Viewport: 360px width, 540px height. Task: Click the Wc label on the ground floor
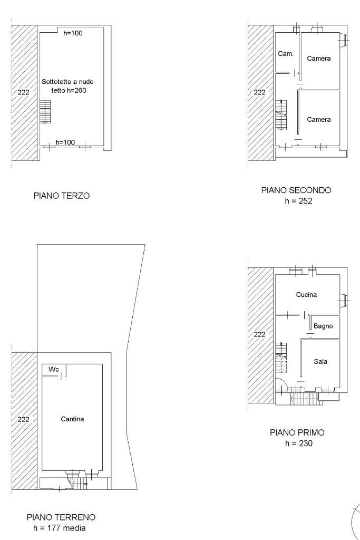(54, 369)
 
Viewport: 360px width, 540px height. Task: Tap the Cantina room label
(72, 419)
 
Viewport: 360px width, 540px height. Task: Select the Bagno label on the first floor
(323, 326)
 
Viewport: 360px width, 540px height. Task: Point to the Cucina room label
(306, 295)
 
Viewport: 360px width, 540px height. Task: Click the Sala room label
(320, 362)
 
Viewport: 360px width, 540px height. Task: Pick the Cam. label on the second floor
(286, 54)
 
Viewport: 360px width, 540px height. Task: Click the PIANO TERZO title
(62, 196)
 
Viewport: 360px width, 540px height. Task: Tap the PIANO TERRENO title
(61, 517)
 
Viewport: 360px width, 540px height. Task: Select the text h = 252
(298, 201)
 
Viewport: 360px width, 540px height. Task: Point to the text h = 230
(299, 443)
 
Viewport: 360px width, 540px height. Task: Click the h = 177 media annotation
(60, 528)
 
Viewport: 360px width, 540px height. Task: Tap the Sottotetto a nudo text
(67, 82)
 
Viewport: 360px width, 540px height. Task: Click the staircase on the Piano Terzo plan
(45, 112)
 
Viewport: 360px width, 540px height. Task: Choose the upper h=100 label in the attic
(73, 33)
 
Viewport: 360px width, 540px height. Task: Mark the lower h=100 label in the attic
(65, 142)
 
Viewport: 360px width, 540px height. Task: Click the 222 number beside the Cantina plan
(23, 419)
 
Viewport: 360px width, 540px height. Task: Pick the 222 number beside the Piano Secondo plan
(259, 92)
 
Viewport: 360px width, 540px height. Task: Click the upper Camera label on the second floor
(319, 59)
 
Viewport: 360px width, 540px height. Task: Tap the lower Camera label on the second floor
(319, 120)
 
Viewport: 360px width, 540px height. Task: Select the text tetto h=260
(69, 91)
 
